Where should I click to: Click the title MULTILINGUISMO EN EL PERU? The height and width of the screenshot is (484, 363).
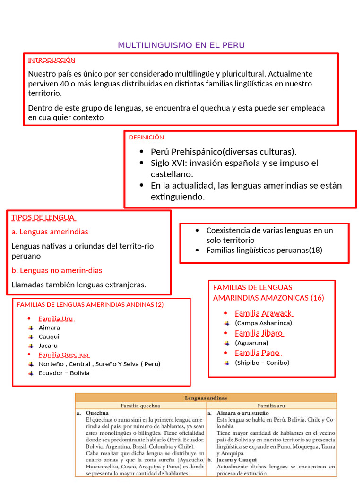tap(181, 45)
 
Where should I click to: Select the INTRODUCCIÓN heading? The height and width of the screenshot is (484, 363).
tap(52, 60)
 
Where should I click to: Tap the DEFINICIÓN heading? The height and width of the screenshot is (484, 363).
tap(146, 138)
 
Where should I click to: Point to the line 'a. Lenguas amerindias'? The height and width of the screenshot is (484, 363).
tap(50, 232)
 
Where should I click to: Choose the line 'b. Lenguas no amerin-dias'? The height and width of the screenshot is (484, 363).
tap(57, 270)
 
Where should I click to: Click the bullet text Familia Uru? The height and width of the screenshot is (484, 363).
tap(57, 319)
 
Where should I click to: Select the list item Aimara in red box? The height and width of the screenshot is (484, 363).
tap(49, 328)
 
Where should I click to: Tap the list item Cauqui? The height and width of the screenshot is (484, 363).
tap(49, 337)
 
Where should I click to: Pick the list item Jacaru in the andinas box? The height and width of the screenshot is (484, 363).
tap(49, 346)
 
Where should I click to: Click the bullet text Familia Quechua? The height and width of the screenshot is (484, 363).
tap(64, 354)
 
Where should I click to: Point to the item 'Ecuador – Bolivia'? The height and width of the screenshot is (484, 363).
tap(64, 373)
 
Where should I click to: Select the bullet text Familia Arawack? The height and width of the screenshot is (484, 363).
tap(264, 313)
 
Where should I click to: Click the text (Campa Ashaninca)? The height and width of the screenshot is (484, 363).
tap(263, 323)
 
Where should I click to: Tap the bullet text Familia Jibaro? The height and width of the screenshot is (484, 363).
tap(259, 333)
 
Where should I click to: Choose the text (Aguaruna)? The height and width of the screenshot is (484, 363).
tap(251, 343)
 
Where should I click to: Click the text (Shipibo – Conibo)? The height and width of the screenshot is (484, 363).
tap(262, 363)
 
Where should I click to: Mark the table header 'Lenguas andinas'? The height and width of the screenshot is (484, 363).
tap(206, 398)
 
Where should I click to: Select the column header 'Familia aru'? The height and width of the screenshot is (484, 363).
tap(271, 406)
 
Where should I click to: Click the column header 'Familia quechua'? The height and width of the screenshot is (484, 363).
tap(140, 406)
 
